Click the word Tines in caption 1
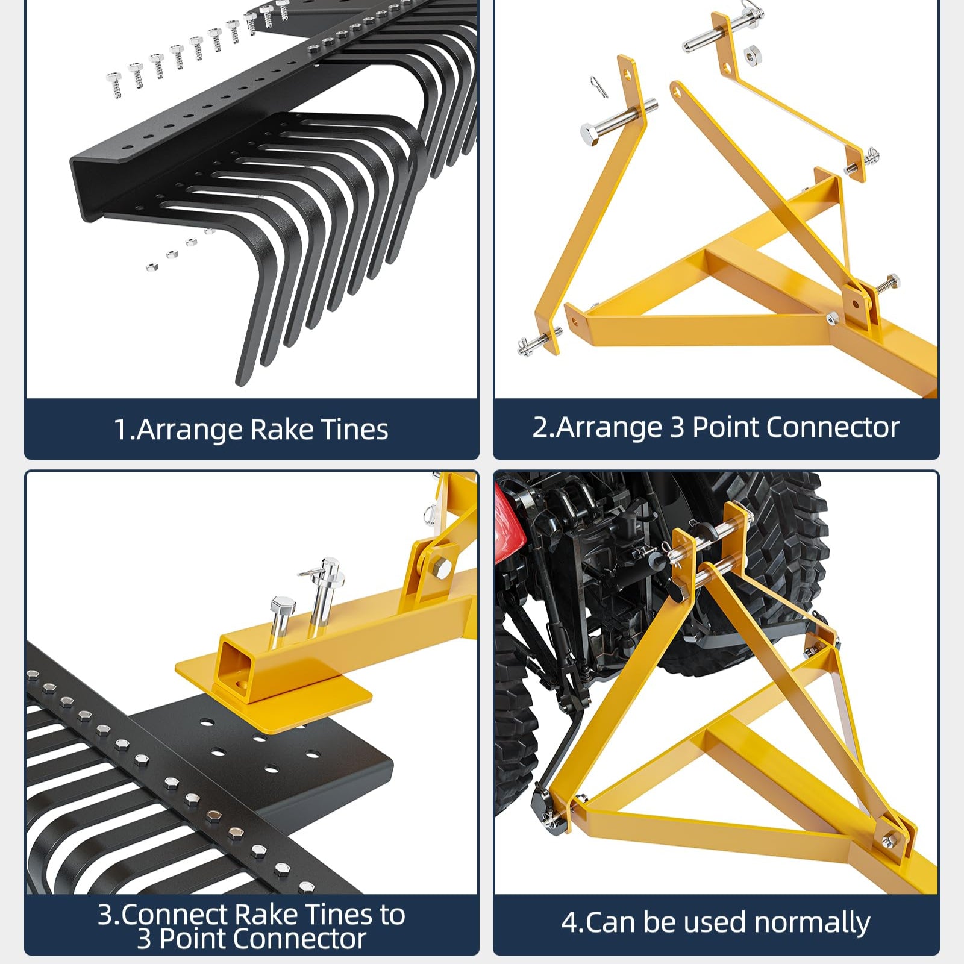click(355, 430)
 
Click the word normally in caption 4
click(812, 922)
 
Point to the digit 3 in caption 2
click(677, 427)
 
